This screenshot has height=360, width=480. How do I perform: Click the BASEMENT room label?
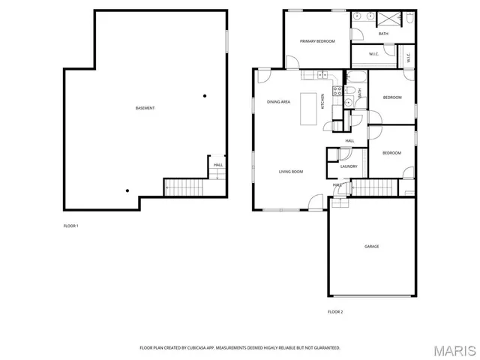pyautogui.click(x=145, y=108)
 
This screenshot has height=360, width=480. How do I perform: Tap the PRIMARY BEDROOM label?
pyautogui.click(x=317, y=41)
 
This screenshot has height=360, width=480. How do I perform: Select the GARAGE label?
pyautogui.click(x=371, y=246)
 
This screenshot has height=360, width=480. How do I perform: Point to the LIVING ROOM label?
pyautogui.click(x=291, y=172)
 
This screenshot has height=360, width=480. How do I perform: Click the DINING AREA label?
pyautogui.click(x=278, y=101)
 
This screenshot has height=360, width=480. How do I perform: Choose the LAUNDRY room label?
pyautogui.click(x=349, y=166)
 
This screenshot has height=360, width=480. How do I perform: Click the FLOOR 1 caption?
pyautogui.click(x=70, y=226)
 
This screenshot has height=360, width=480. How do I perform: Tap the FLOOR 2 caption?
pyautogui.click(x=335, y=311)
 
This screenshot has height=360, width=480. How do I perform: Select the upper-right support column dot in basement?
pyautogui.click(x=204, y=95)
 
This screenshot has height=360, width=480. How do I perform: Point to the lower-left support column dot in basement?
pyautogui.click(x=127, y=190)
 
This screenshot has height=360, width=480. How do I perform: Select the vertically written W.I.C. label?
pyautogui.click(x=408, y=55)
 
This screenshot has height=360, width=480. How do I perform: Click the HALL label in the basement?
pyautogui.click(x=218, y=165)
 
